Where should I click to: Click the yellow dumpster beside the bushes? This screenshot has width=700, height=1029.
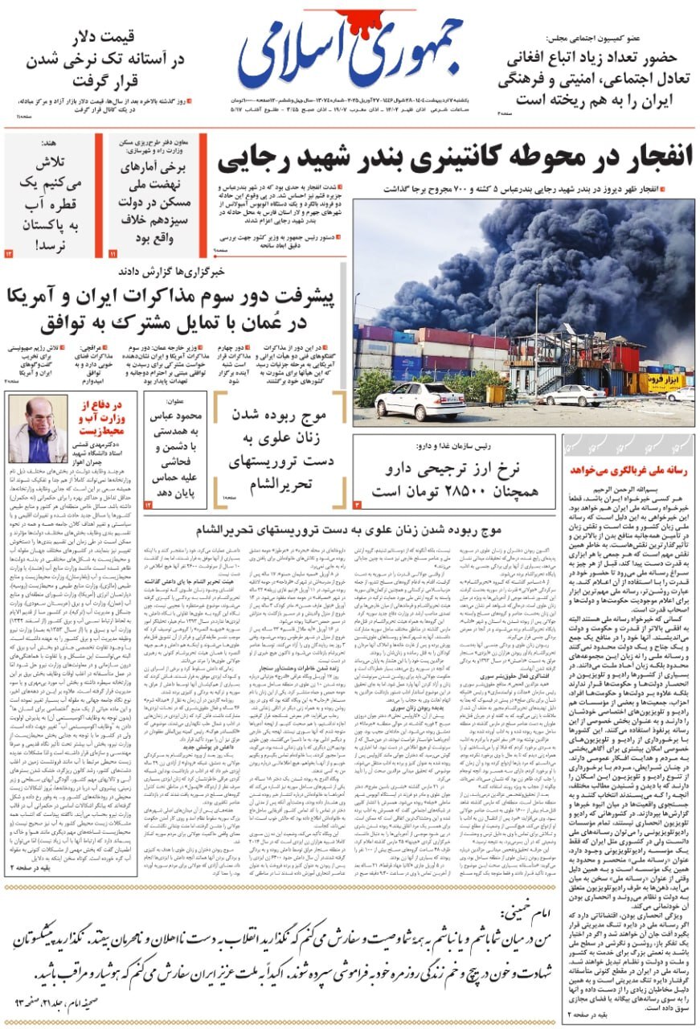[497, 394]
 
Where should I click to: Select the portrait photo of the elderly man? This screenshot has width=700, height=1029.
[38, 428]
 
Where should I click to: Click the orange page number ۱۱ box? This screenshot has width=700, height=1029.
[113, 253]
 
